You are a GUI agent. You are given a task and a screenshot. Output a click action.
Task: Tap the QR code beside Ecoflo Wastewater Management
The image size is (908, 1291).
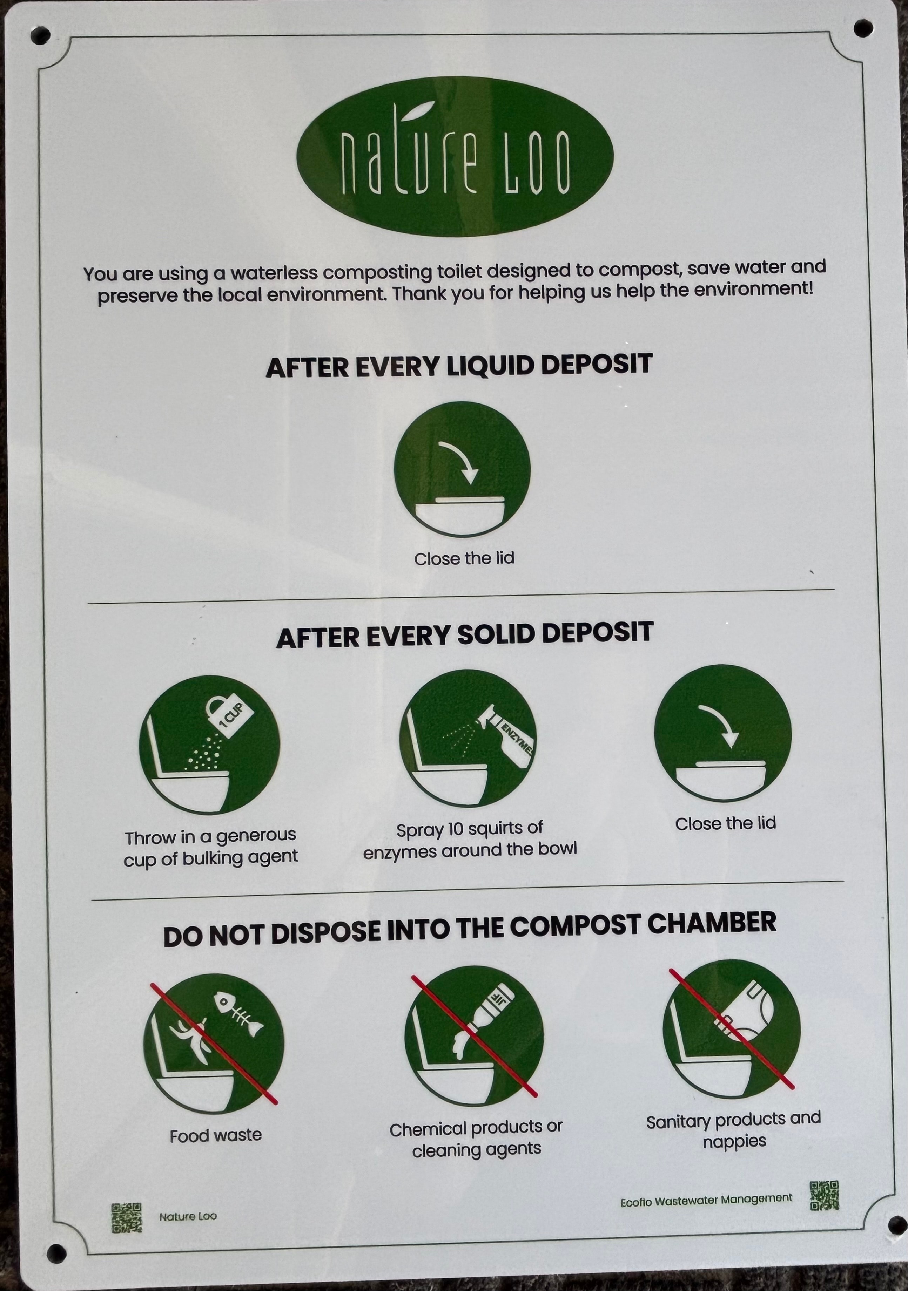[824, 1195]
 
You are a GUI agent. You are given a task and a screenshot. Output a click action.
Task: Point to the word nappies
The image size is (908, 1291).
[734, 1141]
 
